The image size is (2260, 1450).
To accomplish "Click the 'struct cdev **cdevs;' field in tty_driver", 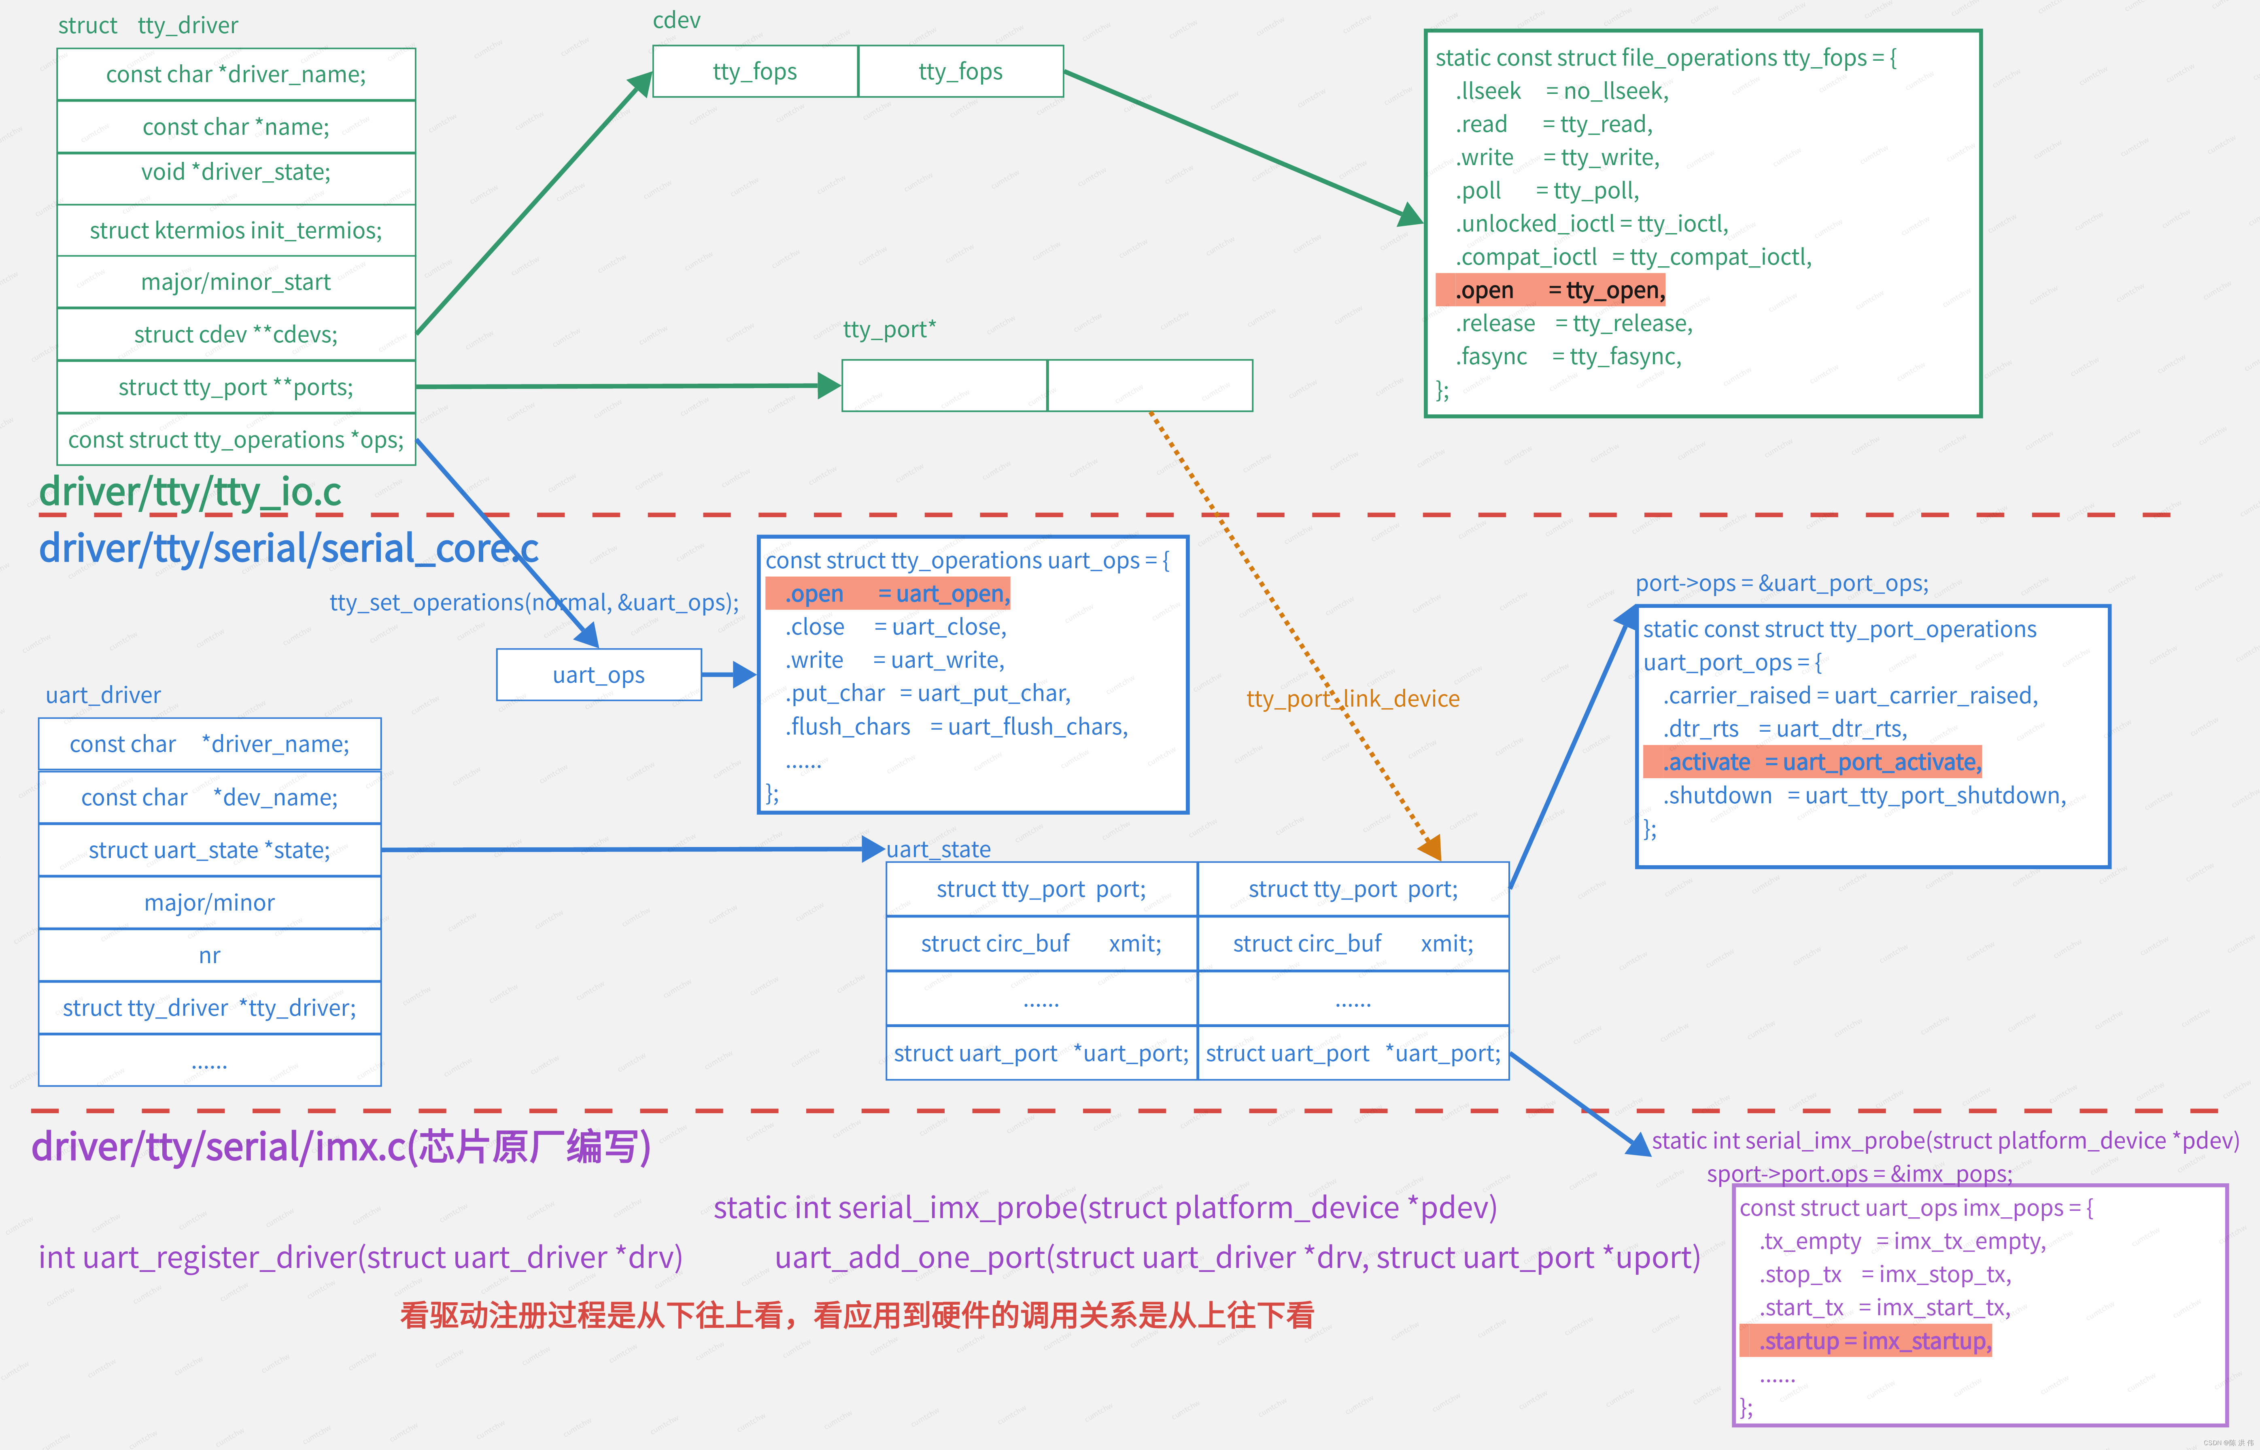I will (x=236, y=334).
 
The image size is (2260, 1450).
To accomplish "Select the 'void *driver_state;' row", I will (x=236, y=172).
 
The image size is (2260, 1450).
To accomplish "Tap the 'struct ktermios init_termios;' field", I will (x=236, y=231).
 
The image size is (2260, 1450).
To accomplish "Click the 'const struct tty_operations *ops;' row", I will (x=236, y=440).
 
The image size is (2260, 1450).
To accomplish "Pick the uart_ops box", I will (x=599, y=675).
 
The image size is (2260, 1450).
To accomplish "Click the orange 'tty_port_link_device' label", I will (x=1352, y=698).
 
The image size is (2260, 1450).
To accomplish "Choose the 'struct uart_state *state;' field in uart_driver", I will (x=209, y=850).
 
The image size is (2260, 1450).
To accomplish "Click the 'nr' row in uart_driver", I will (x=209, y=956).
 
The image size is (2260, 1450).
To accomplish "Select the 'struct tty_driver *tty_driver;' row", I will (x=209, y=1008).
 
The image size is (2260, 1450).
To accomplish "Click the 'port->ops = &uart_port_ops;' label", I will (x=1782, y=584).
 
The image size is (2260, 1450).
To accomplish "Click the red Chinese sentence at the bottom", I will (x=857, y=1315).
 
